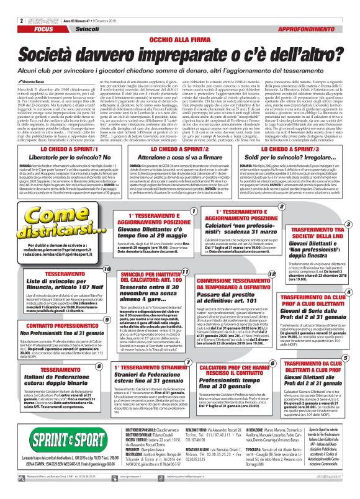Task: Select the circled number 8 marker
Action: point(99,367)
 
